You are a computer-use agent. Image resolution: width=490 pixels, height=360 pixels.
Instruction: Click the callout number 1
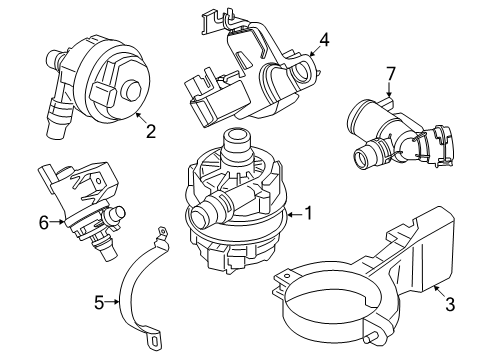[x=309, y=213]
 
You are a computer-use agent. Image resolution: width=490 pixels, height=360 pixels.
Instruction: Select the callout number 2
[x=151, y=131]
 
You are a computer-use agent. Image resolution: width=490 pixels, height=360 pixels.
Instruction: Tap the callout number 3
[x=450, y=304]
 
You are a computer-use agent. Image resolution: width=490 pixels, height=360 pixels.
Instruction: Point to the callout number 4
[x=324, y=40]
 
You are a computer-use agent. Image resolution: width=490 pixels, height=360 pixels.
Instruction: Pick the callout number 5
[x=99, y=303]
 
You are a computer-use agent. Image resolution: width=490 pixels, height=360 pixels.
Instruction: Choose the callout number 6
[x=44, y=222]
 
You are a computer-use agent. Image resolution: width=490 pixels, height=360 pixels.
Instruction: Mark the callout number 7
[x=390, y=73]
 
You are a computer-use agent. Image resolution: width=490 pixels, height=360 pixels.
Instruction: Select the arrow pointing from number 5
[x=112, y=302]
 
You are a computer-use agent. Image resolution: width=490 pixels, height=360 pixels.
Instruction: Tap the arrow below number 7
[x=389, y=90]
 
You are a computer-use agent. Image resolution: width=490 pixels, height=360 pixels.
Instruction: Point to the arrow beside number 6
[x=57, y=221]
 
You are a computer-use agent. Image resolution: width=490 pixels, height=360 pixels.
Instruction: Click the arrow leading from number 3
[x=439, y=291]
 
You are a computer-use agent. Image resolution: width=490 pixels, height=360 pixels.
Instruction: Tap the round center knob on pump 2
[x=132, y=89]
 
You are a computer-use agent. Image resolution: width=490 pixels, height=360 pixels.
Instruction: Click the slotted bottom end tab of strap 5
[x=154, y=340]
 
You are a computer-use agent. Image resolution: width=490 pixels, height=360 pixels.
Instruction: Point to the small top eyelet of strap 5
[x=163, y=231]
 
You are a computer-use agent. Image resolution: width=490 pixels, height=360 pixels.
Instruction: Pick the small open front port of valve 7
[x=362, y=159]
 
